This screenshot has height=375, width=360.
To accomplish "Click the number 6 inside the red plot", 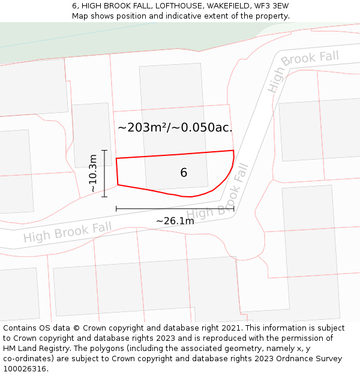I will point(184,173).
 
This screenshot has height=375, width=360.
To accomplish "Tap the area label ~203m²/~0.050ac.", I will point(175,127).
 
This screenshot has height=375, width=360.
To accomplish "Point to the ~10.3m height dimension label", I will point(93,173).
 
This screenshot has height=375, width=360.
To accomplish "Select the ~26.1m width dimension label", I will point(175,221).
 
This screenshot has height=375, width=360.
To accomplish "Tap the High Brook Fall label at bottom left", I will point(67,232).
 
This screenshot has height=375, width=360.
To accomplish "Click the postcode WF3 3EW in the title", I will point(271,6).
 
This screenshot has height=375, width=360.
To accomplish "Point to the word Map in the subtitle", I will point(80,16).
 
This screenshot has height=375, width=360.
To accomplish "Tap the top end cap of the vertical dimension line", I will point(104,150).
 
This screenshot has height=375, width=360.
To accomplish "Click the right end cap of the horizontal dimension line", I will point(234,209).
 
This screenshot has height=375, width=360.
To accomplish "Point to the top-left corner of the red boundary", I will point(116,158).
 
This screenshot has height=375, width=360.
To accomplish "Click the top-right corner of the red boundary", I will point(233,151).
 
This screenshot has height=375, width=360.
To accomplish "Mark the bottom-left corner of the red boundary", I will point(118,185).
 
